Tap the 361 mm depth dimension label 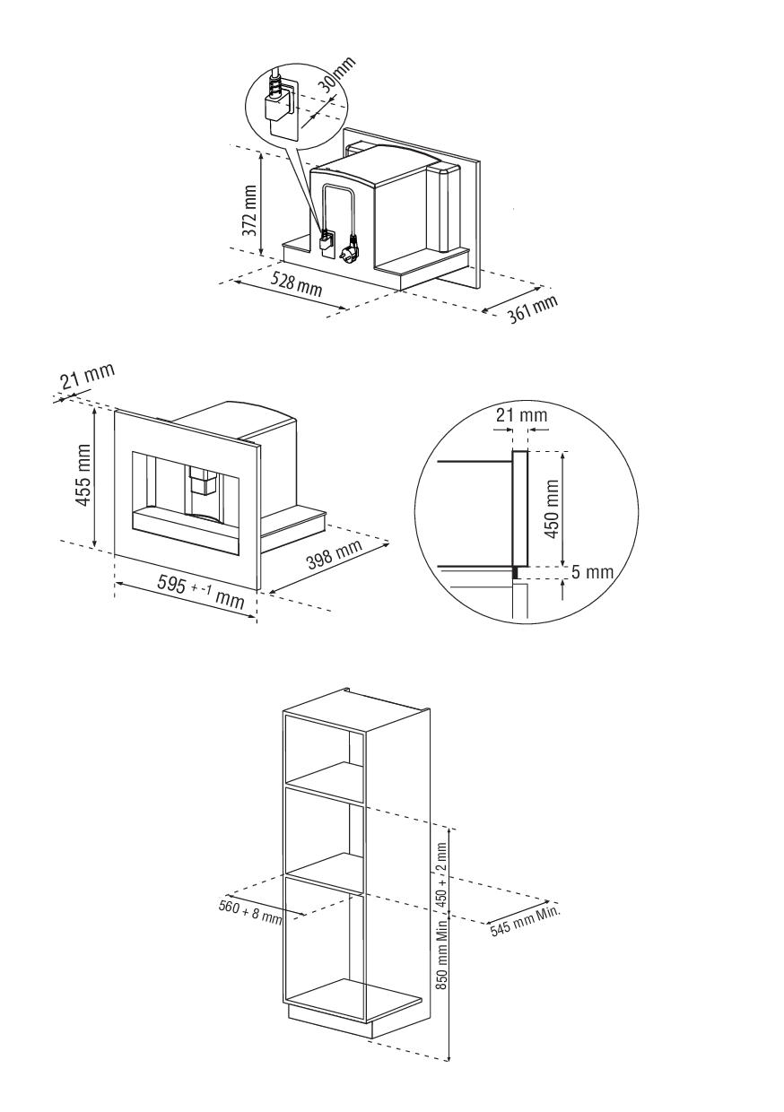tap(533, 308)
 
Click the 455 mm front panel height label tap(82, 475)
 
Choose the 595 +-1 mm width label tap(201, 591)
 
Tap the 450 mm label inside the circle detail tap(552, 509)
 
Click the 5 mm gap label tap(592, 572)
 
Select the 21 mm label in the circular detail tap(521, 414)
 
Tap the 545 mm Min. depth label tap(526, 921)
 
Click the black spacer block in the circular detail tap(517, 573)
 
